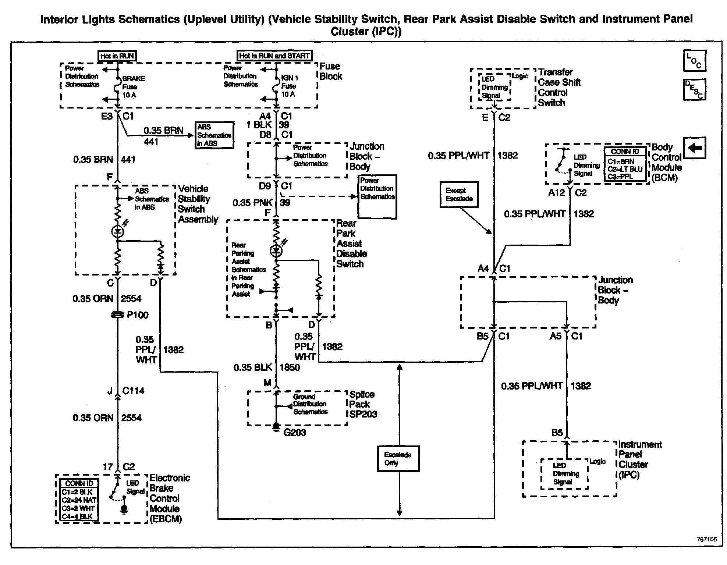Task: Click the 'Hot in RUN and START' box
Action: pos(274,56)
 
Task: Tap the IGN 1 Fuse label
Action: pos(290,86)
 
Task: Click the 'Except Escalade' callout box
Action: pos(459,195)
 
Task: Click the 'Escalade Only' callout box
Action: pos(398,458)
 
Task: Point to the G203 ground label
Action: pos(295,432)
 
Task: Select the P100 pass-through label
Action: pos(137,315)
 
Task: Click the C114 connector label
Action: pos(133,391)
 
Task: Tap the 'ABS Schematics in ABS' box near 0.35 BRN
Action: pos(214,135)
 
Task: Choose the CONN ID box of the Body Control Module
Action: pos(625,164)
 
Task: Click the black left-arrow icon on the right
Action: pos(694,148)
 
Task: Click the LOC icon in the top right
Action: pos(694,61)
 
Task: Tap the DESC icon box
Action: pos(694,89)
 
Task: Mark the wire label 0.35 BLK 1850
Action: pos(266,367)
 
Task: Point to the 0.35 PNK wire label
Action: pos(252,203)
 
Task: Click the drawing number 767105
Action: pos(707,539)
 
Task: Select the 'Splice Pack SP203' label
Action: pos(363,404)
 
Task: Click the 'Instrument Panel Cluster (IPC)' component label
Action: pos(639,459)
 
